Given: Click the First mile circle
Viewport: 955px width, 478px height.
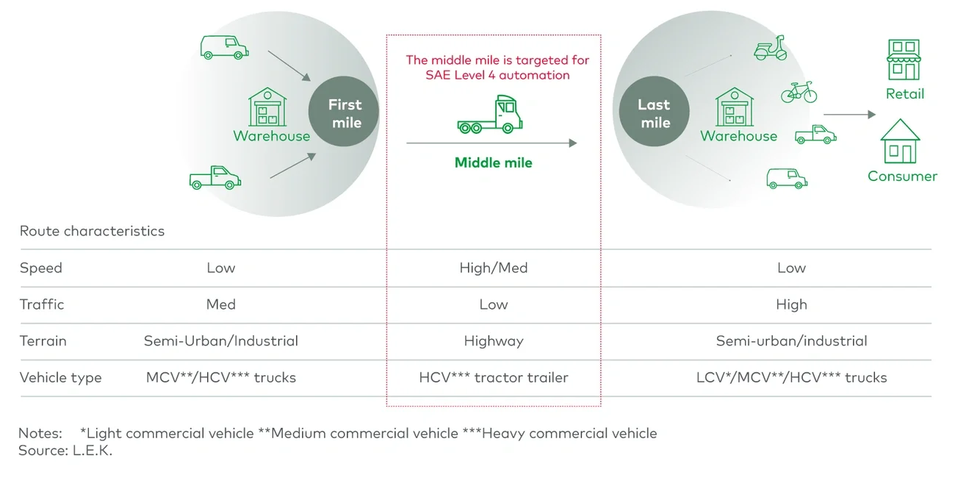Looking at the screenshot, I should pyautogui.click(x=344, y=113).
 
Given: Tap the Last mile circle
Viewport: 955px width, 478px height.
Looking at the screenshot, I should pyautogui.click(x=652, y=113).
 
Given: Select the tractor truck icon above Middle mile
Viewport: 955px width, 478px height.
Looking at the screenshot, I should pyautogui.click(x=489, y=115).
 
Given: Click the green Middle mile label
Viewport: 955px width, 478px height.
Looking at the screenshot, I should pyautogui.click(x=493, y=163).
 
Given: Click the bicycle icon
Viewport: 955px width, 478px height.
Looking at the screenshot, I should pyautogui.click(x=799, y=93).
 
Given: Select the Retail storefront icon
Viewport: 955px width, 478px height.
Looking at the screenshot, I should pyautogui.click(x=904, y=60).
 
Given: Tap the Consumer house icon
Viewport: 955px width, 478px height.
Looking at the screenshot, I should pyautogui.click(x=900, y=141).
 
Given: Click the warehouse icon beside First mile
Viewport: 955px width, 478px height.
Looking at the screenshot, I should pyautogui.click(x=268, y=107).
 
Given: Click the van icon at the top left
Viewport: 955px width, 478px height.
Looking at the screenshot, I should pyautogui.click(x=224, y=47).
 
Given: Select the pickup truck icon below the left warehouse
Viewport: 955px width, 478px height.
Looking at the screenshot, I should pyautogui.click(x=215, y=178).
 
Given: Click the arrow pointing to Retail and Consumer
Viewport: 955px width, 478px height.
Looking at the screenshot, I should pyautogui.click(x=849, y=115).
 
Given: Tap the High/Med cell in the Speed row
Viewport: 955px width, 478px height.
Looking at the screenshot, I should pyautogui.click(x=493, y=268).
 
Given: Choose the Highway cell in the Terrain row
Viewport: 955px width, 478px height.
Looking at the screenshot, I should pyautogui.click(x=493, y=341).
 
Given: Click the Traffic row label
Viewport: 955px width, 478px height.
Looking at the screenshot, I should pyautogui.click(x=42, y=304).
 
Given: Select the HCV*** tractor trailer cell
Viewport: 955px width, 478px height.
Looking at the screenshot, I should pyautogui.click(x=493, y=378).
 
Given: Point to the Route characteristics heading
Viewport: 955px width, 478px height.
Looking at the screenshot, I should pyautogui.click(x=92, y=231).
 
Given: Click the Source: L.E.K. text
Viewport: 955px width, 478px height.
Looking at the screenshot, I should pyautogui.click(x=65, y=451).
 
